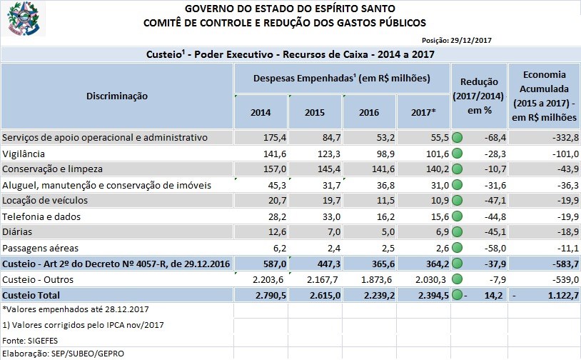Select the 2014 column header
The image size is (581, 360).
pos(261,113)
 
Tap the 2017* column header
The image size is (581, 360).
pos(423,113)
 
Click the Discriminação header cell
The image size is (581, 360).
pos(117,96)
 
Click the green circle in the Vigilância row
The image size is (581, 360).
pos(458,154)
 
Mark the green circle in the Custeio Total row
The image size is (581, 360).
pos(458,295)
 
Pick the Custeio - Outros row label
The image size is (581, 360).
pos(39,279)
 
